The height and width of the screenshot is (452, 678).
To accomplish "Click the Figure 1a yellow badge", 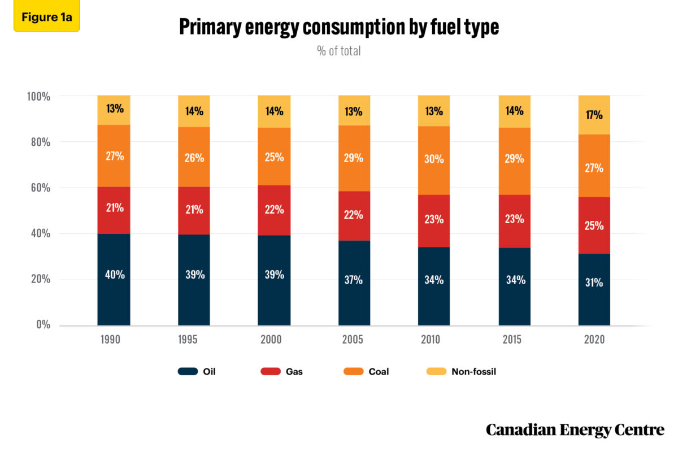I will click(46, 16).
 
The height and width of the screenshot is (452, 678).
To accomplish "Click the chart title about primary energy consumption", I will click(339, 27).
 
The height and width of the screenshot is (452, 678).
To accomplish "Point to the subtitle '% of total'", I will click(339, 51).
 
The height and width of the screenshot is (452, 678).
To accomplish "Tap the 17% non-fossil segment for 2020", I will click(594, 115).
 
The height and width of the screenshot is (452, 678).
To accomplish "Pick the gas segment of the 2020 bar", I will click(594, 225).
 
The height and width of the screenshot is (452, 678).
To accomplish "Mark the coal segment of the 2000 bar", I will click(274, 157).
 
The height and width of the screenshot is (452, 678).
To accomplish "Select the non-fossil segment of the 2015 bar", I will click(514, 111).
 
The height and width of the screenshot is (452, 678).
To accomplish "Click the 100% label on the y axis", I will click(38, 97).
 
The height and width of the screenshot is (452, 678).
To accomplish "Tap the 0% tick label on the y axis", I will click(42, 325).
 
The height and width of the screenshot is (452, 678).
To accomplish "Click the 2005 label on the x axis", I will click(354, 340).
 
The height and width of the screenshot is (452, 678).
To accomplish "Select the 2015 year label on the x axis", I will click(514, 340).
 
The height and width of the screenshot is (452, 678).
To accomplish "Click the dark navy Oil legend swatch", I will click(188, 372).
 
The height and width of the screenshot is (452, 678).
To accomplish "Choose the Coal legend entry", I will click(367, 372).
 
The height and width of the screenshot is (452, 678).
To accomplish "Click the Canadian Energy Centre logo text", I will click(575, 430).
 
